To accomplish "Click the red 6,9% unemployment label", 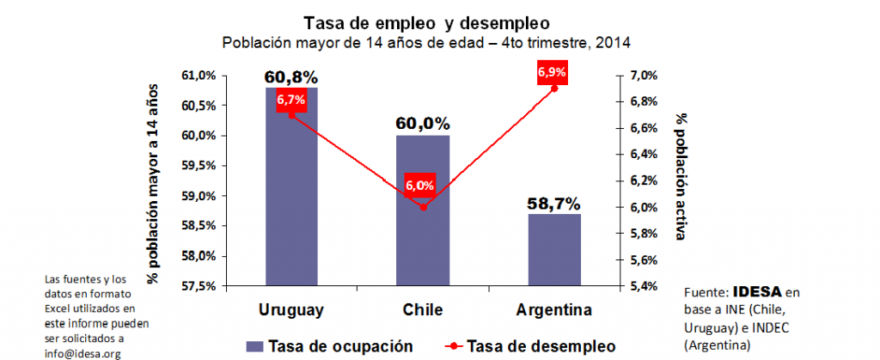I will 552,72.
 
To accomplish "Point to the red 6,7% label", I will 291,101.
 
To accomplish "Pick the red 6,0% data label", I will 420,186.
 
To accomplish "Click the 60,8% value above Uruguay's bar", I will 291,77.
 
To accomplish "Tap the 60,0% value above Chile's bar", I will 423,125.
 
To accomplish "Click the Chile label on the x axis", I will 423,309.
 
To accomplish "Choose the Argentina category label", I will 554,309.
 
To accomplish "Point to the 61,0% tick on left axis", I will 199,76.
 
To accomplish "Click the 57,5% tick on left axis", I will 199,286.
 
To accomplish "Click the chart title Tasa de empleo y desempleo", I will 427,21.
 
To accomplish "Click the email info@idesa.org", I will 84,353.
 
